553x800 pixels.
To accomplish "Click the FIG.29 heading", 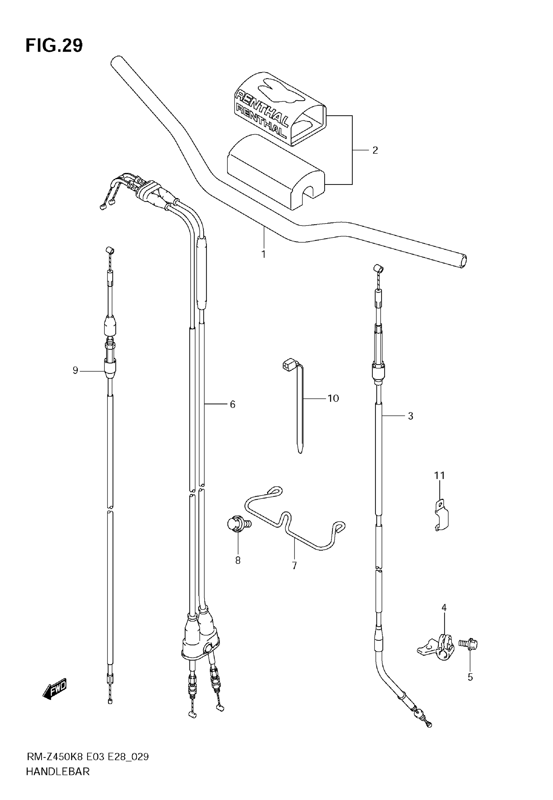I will click(x=54, y=46).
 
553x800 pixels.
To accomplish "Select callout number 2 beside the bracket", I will click(x=375, y=150).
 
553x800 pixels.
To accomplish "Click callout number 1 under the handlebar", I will click(x=263, y=254).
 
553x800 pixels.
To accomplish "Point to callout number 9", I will click(x=75, y=370).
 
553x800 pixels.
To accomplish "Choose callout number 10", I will click(x=333, y=398).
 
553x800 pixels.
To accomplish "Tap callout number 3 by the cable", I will click(x=411, y=416).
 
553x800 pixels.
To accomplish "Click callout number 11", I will click(x=439, y=475).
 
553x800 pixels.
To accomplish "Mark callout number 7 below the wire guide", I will click(x=294, y=566).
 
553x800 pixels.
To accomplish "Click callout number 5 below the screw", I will click(x=470, y=677).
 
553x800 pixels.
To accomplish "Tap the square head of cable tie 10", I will click(x=288, y=365).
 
